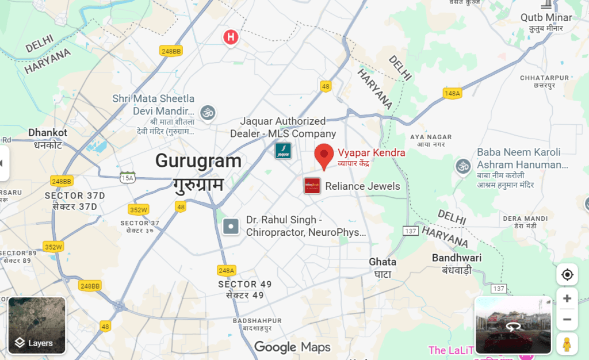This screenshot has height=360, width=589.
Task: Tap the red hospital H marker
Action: click(231, 38)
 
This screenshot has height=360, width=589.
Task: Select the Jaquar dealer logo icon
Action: click(283, 151)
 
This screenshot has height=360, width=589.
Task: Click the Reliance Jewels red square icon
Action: click(312, 186)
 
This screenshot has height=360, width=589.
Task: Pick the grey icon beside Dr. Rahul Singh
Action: click(231, 227)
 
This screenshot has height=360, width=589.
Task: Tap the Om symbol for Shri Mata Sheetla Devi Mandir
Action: click(207, 112)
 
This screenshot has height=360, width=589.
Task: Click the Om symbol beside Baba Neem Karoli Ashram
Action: click(462, 166)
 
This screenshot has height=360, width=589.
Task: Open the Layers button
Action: click(37, 325)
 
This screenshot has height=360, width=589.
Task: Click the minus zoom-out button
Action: click(567, 320)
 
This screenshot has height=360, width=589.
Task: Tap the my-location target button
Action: click(567, 274)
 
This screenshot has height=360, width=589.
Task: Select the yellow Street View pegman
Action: click(567, 343)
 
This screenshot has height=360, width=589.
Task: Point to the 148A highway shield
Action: click(452, 93)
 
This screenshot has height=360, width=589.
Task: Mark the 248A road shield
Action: click(227, 270)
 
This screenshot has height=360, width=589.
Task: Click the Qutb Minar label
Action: click(546, 18)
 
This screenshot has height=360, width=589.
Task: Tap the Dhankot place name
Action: click(48, 133)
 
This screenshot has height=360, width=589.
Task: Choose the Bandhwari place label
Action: click(457, 258)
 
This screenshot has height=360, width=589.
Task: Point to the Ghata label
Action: click(383, 262)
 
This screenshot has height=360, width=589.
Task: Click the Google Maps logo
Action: click(293, 347)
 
